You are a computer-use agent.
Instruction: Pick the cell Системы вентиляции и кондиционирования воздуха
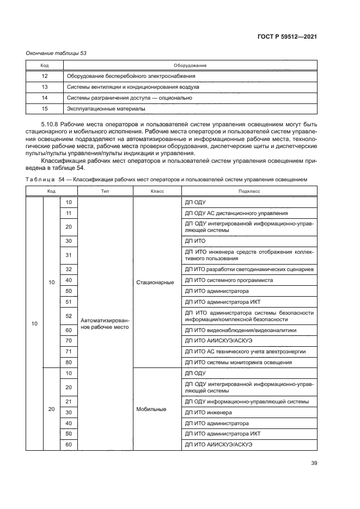point(133,87)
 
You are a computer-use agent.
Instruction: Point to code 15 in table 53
point(45,108)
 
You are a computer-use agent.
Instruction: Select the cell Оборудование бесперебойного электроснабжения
point(131,76)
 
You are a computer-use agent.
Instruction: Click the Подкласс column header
point(249,192)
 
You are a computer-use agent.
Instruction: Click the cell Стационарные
point(155,282)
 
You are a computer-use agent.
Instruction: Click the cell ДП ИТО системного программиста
point(229,280)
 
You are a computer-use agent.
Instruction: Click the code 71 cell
point(69,352)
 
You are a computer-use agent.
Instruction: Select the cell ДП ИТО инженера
point(209,412)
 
